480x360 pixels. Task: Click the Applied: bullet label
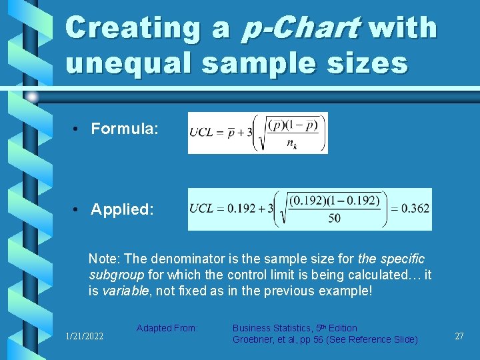point(123,209)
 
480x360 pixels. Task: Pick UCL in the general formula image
point(202,132)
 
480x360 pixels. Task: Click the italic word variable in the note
point(123,291)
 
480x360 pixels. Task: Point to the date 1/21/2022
point(85,337)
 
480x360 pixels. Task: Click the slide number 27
point(459,337)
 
